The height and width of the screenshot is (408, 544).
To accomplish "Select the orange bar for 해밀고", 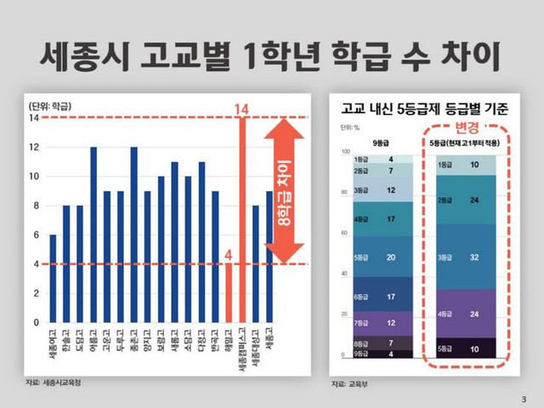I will [x=229, y=293].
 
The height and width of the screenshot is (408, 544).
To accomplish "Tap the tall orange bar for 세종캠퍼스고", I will [x=242, y=220].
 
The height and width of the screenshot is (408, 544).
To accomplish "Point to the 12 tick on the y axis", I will [x=33, y=147].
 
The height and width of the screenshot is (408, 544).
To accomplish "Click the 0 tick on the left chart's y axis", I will [x=36, y=323].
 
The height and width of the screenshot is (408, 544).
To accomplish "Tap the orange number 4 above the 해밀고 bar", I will [x=229, y=254].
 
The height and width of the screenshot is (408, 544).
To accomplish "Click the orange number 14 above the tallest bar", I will [x=241, y=109].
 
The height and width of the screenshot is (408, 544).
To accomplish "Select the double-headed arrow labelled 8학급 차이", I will [x=284, y=191].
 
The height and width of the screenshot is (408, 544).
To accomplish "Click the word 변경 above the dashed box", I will [x=467, y=127].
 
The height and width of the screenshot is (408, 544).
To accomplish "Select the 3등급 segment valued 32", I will [x=467, y=256].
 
